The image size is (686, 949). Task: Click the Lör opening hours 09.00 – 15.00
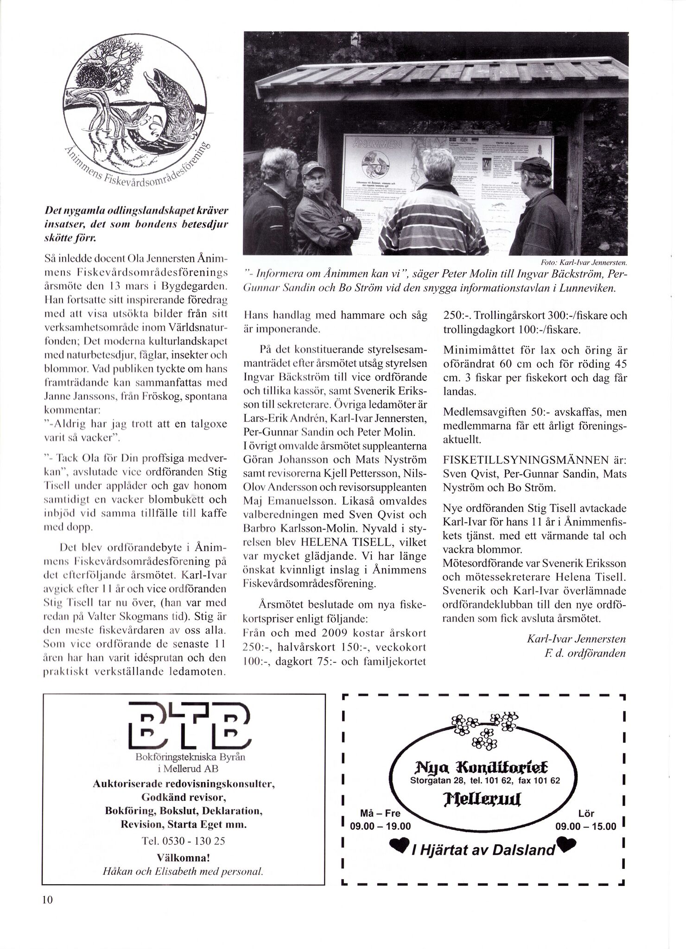tap(586, 826)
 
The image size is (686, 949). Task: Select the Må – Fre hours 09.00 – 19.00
tap(380, 826)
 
